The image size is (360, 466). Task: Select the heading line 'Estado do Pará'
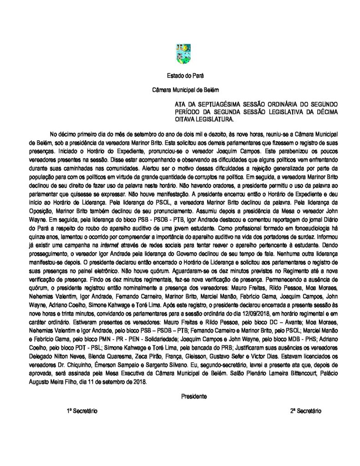(x=179, y=76)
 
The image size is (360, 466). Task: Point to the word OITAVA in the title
(x=179, y=120)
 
